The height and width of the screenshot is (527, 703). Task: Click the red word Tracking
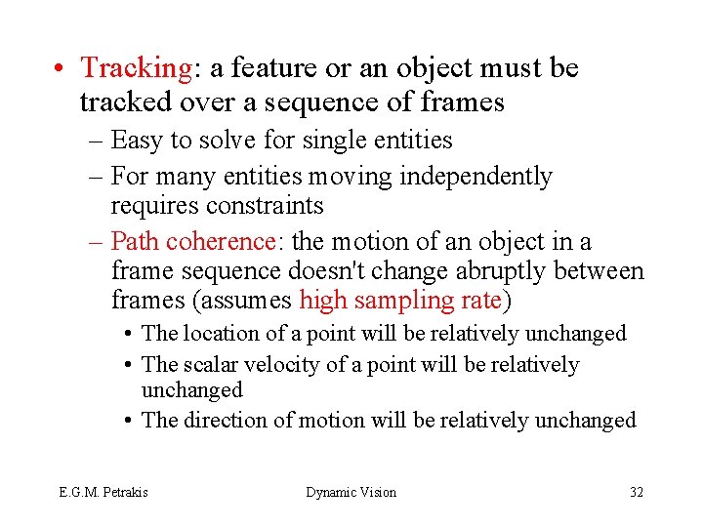[137, 69]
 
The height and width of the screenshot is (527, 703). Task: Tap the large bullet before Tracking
[61, 69]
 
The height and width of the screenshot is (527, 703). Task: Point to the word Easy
[138, 141]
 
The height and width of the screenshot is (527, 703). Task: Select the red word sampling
[401, 301]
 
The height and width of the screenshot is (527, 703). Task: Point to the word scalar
[211, 365]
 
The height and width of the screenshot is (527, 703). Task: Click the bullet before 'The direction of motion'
[129, 421]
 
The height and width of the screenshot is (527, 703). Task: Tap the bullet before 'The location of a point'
[129, 334]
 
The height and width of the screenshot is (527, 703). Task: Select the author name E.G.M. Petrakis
[103, 492]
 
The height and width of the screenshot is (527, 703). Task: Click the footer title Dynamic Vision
[351, 492]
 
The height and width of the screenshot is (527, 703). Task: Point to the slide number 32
[637, 492]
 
